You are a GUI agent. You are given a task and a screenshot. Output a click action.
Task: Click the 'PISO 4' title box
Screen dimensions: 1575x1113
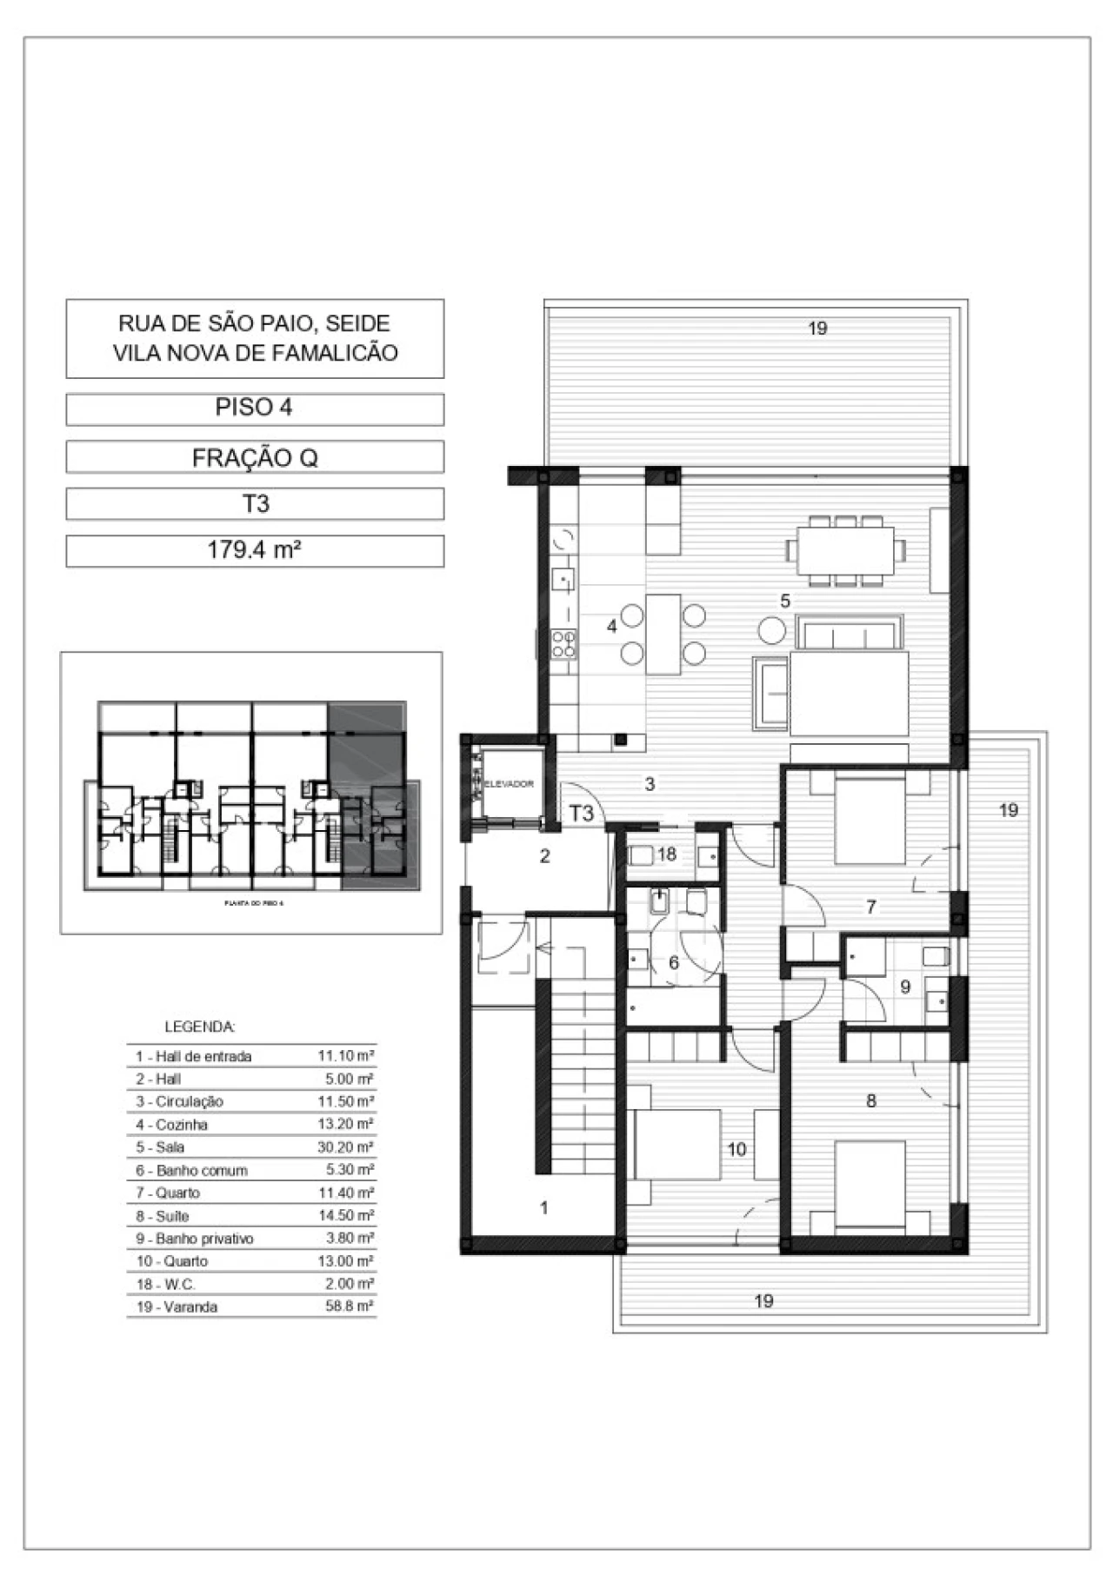(x=254, y=408)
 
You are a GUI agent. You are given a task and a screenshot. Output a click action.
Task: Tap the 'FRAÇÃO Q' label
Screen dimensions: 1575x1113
(x=254, y=457)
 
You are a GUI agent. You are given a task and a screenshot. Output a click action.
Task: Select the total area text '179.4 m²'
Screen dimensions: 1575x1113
(x=254, y=550)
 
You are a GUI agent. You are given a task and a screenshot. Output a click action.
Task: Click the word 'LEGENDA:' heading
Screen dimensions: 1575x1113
(x=199, y=1027)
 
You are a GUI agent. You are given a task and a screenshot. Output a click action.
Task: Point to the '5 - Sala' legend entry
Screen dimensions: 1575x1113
(x=160, y=1147)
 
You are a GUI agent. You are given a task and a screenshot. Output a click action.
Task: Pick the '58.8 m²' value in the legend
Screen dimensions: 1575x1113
(x=350, y=1306)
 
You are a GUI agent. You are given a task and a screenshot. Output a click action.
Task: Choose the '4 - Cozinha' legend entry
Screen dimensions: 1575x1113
(x=171, y=1125)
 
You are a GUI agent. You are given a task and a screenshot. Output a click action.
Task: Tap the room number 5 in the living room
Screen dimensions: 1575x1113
(x=785, y=601)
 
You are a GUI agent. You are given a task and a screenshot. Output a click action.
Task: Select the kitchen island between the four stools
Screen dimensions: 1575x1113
(x=663, y=634)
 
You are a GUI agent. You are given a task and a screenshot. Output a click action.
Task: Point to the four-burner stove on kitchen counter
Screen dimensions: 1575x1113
(x=563, y=643)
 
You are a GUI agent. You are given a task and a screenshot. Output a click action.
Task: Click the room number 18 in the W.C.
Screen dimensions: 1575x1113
(x=667, y=854)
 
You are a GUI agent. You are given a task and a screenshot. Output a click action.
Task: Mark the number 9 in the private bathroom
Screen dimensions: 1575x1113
(x=905, y=987)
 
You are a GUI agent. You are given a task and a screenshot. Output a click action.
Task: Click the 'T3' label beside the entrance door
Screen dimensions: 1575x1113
(x=581, y=814)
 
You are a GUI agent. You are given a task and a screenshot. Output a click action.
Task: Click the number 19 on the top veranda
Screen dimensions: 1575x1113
(x=817, y=329)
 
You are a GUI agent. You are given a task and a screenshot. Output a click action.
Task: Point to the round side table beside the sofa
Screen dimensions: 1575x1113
(x=770, y=628)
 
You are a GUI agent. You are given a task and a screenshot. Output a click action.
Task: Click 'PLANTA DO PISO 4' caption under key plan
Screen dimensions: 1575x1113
(x=255, y=904)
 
